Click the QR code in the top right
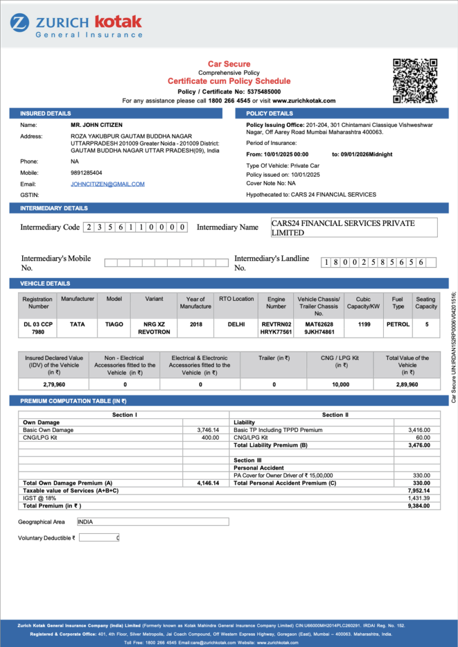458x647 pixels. pyautogui.click(x=415, y=81)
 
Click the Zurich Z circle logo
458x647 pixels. pyautogui.click(x=19, y=23)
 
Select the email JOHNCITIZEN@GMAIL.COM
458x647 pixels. pyautogui.click(x=108, y=184)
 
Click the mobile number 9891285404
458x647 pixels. pyautogui.click(x=86, y=173)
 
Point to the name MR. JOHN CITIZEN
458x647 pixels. pyautogui.click(x=96, y=125)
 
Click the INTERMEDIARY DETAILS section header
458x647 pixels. pyautogui.click(x=54, y=208)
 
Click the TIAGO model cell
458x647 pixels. pyautogui.click(x=114, y=324)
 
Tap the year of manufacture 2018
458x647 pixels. pyautogui.click(x=196, y=324)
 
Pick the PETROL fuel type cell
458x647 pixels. pyautogui.click(x=398, y=324)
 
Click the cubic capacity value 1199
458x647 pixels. pyautogui.click(x=363, y=324)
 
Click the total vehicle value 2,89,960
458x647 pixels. pyautogui.click(x=407, y=385)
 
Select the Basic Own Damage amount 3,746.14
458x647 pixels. pyautogui.click(x=208, y=430)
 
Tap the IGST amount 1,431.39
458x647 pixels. pyautogui.click(x=418, y=498)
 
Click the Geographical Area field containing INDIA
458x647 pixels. pyautogui.click(x=153, y=522)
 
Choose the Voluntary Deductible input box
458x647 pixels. pyautogui.click(x=99, y=538)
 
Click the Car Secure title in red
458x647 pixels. pyautogui.click(x=229, y=64)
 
